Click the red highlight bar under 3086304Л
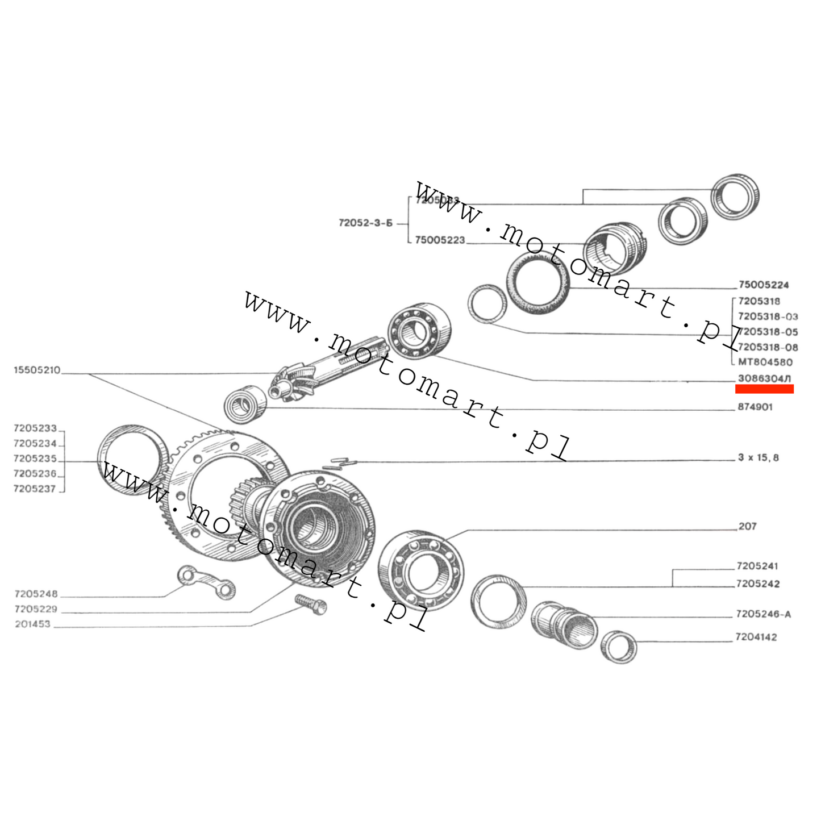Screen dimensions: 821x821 [x=764, y=389]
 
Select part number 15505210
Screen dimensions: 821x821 [x=37, y=370]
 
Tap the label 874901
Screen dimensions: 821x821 [x=755, y=407]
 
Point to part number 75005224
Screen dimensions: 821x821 [x=764, y=285]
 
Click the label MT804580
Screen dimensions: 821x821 [x=765, y=362]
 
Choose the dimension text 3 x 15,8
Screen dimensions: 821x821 [x=758, y=457]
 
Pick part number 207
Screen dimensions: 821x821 [x=747, y=527]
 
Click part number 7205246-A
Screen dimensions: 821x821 [x=763, y=614]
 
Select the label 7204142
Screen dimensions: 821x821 [x=756, y=637]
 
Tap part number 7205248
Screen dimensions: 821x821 [x=36, y=594]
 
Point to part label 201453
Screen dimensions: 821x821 [x=32, y=624]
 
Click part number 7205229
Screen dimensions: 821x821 [x=36, y=609]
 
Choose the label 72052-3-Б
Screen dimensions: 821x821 [x=365, y=223]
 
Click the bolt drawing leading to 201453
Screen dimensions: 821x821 [x=311, y=604]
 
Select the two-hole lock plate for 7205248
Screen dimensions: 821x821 [x=207, y=582]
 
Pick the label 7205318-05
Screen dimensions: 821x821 [x=768, y=332]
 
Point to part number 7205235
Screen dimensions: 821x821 [x=35, y=459]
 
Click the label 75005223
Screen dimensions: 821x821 [x=440, y=240]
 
